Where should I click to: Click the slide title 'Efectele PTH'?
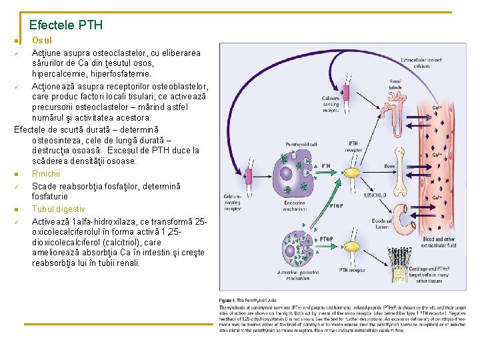66,26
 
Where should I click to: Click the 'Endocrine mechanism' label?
294,205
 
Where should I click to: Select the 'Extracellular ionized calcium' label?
421,63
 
